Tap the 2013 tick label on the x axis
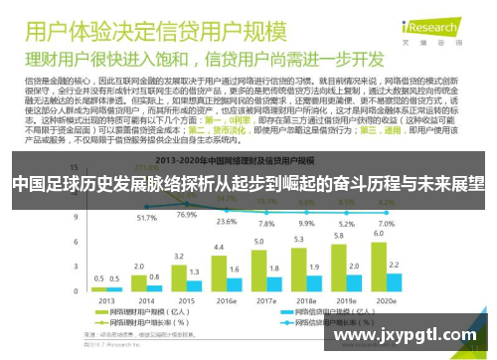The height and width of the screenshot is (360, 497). (103, 299)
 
